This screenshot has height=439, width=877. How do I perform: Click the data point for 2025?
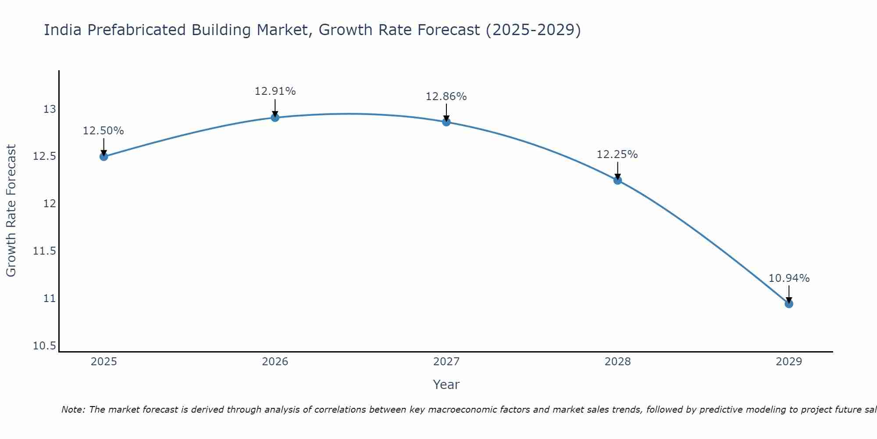(x=104, y=156)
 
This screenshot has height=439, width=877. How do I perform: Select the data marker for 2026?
(x=275, y=117)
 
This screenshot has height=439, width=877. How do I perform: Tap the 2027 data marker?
(x=446, y=122)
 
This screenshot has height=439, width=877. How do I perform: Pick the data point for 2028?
(x=617, y=180)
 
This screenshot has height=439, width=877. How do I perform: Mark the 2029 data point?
(x=789, y=304)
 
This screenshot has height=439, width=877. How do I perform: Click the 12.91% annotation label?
(x=275, y=91)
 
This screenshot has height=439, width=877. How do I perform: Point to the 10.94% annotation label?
(x=789, y=278)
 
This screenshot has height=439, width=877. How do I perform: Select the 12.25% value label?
(x=617, y=155)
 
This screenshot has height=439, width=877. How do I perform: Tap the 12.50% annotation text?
(x=103, y=131)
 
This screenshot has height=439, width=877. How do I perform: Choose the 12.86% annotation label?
(x=446, y=97)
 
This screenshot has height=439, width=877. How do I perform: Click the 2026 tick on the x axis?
(x=275, y=362)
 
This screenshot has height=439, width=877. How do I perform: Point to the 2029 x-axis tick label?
(x=789, y=362)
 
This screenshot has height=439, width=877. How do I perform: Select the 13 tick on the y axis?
(x=50, y=109)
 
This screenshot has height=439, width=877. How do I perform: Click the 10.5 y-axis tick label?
(x=45, y=346)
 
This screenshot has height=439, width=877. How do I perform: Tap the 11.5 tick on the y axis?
(x=45, y=251)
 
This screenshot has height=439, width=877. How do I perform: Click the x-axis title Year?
(x=446, y=385)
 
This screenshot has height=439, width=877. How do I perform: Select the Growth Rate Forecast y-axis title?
(x=11, y=210)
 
